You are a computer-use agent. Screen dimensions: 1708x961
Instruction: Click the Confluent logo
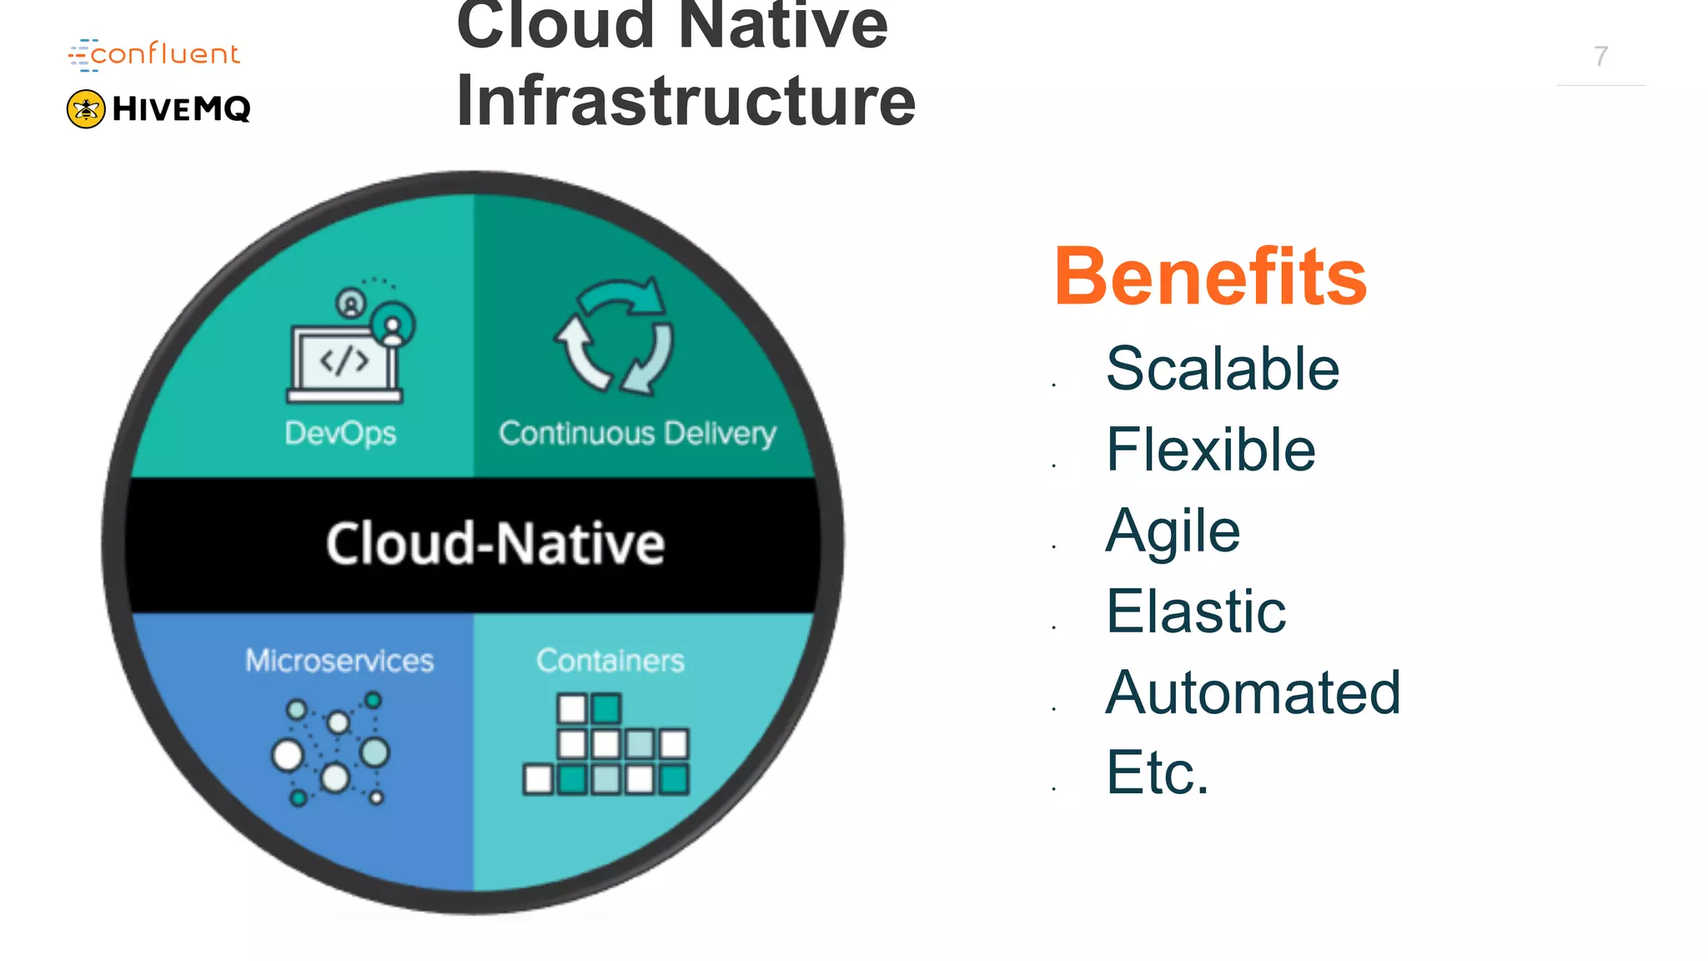(154, 54)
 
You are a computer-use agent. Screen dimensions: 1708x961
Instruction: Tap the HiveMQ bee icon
(86, 109)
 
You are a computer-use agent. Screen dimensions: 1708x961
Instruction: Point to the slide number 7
(1600, 57)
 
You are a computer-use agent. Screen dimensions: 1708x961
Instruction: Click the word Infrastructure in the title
(686, 101)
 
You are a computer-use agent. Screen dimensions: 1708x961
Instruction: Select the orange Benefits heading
(1210, 277)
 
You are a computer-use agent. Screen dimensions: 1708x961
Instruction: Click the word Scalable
(1223, 369)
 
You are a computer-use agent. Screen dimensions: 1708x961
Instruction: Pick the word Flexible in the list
(1211, 450)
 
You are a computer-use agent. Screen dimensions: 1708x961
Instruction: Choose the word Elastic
(1196, 611)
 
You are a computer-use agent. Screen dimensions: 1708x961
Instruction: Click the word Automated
(1253, 692)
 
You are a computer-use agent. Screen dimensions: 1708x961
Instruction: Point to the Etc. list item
(1158, 772)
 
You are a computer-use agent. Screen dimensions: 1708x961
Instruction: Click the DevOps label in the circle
(340, 433)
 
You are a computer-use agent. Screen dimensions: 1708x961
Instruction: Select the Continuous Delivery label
(637, 433)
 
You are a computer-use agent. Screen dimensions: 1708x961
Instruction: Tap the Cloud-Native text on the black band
(495, 544)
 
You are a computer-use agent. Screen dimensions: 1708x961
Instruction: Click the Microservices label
(339, 661)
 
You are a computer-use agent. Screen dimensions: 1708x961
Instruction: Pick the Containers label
(610, 661)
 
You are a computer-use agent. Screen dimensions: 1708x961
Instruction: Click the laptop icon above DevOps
(345, 360)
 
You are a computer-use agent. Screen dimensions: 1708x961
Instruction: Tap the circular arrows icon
(615, 335)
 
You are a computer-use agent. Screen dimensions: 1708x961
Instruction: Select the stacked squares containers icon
(607, 744)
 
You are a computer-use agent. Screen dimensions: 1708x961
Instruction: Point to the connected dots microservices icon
(334, 749)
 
